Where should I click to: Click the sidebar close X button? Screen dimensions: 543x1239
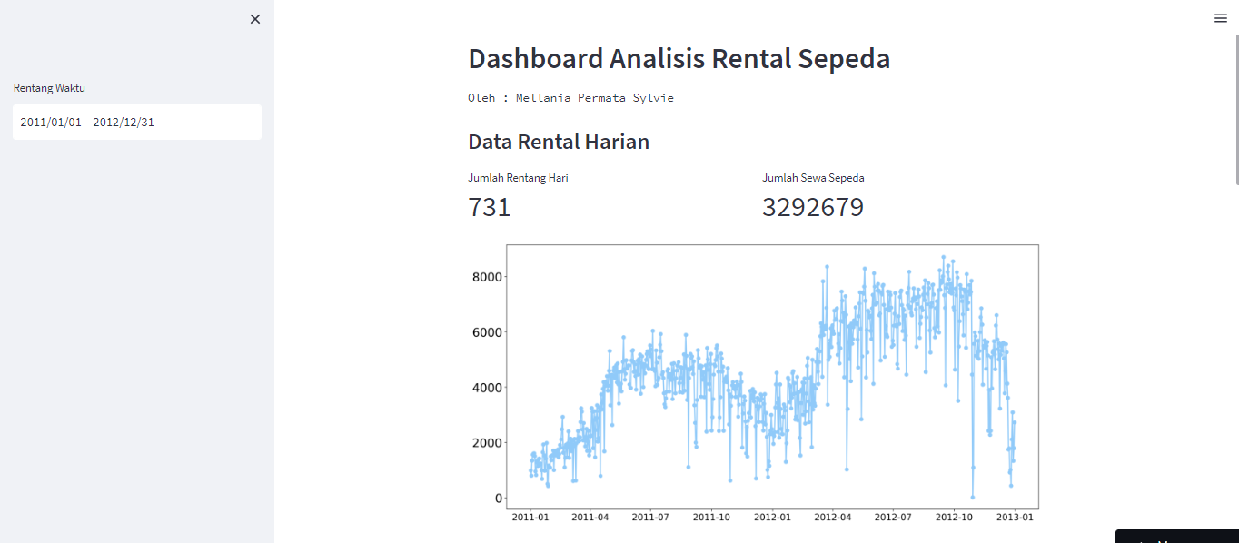tap(255, 19)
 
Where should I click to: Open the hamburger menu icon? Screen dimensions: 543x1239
tap(1220, 18)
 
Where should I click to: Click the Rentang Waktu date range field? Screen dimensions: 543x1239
tap(136, 122)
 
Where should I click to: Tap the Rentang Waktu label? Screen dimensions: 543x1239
tap(49, 88)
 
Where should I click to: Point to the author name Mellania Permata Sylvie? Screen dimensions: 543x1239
tap(594, 98)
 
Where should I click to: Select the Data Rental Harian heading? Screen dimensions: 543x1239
tap(558, 142)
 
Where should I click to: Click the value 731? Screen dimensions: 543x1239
tap(490, 208)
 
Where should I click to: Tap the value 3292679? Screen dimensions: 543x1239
tap(812, 208)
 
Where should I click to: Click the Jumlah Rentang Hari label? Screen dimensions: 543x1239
tap(518, 178)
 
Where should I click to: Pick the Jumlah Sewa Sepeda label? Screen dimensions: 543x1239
tap(813, 178)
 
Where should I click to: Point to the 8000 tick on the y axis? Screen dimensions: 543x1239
tap(487, 277)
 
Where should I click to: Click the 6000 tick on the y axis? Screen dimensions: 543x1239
tap(487, 332)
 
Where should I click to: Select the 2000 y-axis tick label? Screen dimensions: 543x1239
tap(487, 443)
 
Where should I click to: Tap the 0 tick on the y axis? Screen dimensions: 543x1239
tap(498, 499)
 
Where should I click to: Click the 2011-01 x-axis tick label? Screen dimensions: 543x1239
tap(530, 518)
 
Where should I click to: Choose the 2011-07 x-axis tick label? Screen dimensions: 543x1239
tap(650, 518)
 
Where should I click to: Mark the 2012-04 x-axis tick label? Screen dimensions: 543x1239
tap(832, 518)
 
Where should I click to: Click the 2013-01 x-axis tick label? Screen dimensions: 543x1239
tap(1015, 518)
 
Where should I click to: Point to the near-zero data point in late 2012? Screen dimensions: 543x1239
tap(972, 497)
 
